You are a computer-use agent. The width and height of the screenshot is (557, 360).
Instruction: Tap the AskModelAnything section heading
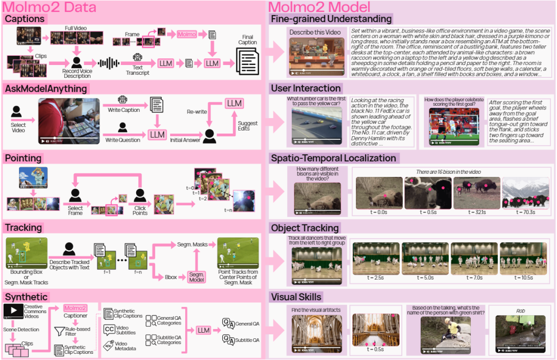coord(46,88)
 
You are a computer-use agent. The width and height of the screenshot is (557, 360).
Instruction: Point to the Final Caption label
coord(247,40)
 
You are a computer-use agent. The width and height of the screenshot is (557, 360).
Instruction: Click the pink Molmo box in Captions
coord(187,34)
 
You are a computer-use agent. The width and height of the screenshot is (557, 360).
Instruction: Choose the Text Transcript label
coord(137,70)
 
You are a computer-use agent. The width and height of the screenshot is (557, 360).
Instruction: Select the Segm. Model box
coord(196,277)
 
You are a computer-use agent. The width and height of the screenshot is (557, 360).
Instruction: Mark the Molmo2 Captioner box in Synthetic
coord(75,308)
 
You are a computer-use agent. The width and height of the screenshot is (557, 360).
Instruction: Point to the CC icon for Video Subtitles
coord(109,330)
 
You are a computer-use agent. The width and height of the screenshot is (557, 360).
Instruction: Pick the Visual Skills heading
coord(296,297)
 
